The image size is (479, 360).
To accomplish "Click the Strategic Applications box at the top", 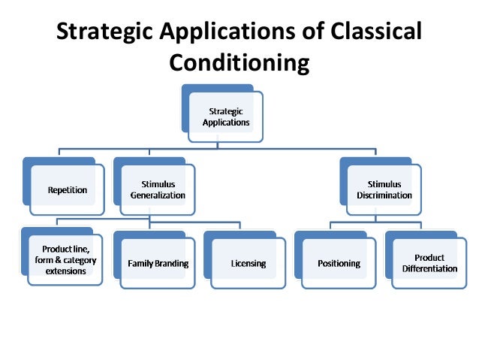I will tap(225, 116).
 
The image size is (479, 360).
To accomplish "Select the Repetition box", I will tap(67, 190).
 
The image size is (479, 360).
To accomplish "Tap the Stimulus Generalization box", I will tap(158, 189).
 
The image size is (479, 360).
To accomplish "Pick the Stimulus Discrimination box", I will tap(384, 189).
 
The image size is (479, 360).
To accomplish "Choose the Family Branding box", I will tap(158, 264).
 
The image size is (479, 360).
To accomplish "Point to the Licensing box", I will tap(248, 264).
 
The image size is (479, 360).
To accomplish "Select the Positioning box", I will tap(339, 264).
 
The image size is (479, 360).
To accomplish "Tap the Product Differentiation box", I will tap(429, 263).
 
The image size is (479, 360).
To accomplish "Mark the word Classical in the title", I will tap(380, 32).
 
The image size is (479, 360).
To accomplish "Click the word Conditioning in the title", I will tap(239, 62).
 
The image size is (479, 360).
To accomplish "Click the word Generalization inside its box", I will tap(158, 195).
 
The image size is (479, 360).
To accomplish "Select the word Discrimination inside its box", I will tap(384, 195).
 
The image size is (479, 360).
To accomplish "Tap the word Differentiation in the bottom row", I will tap(429, 269).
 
